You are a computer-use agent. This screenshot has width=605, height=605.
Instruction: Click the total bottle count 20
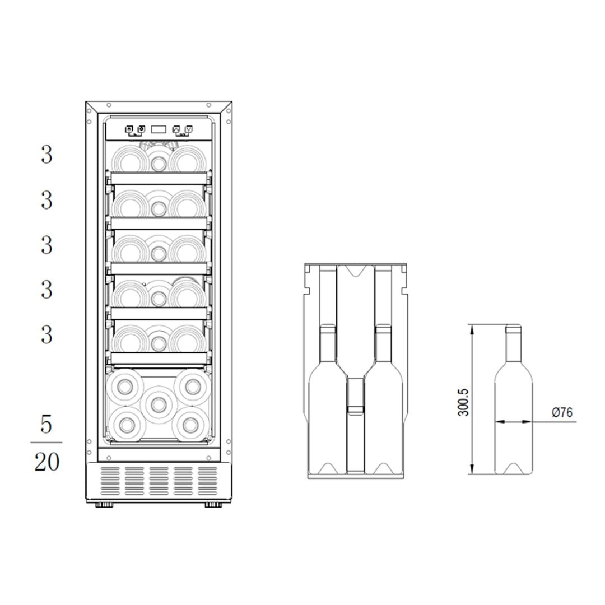point(47,462)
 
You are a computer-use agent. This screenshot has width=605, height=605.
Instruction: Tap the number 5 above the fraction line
point(46,425)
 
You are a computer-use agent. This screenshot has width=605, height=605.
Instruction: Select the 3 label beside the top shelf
point(46,155)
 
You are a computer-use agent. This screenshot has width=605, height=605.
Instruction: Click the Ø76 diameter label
point(562,412)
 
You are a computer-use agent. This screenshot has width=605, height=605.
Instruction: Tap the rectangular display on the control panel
point(159,129)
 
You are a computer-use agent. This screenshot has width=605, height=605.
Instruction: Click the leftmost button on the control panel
point(129,129)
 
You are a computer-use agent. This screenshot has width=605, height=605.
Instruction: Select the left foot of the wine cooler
point(104,504)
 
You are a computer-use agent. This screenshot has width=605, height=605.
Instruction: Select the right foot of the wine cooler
point(213,504)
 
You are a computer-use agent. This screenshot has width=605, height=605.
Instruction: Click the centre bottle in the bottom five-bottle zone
point(159,404)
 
